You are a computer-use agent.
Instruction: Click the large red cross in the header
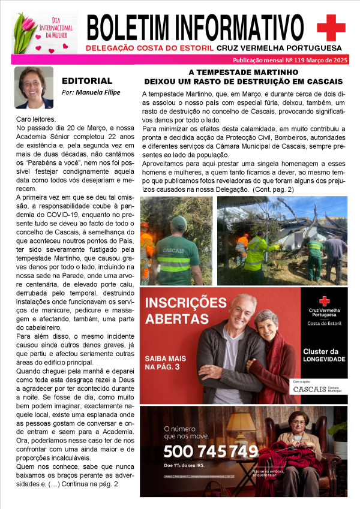(x=331, y=28)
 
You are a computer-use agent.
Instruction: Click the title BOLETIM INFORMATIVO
(x=196, y=26)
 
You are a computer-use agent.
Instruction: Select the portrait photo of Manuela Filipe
(x=34, y=87)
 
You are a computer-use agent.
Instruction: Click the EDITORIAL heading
(x=87, y=80)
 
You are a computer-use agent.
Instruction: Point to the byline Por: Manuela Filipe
(x=91, y=92)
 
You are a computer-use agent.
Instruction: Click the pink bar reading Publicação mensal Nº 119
(x=290, y=61)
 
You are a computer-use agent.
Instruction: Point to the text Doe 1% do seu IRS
(x=185, y=465)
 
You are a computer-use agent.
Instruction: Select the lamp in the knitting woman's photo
(x=239, y=423)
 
